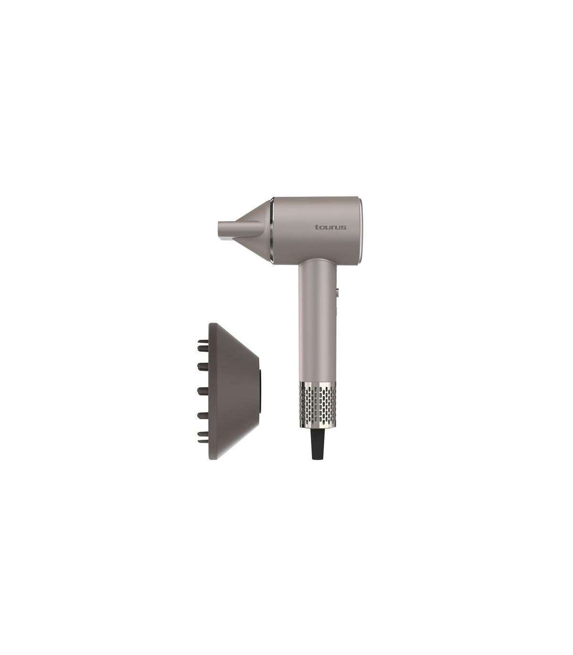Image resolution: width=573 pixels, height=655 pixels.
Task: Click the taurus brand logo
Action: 330,227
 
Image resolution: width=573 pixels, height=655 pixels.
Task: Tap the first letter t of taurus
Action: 316,227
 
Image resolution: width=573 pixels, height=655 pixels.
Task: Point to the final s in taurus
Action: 344,228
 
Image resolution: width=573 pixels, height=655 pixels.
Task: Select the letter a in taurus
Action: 321,228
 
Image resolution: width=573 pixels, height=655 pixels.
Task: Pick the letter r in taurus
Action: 333,228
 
